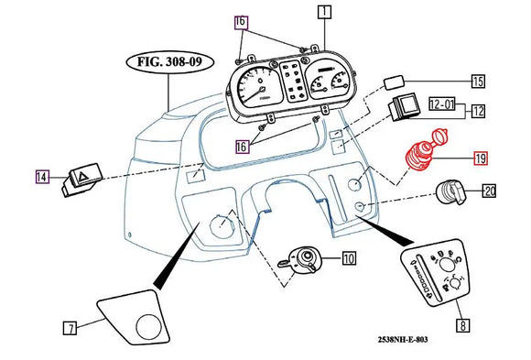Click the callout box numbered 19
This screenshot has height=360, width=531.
pos(481,158)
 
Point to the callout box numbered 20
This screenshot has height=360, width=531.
pos(489,191)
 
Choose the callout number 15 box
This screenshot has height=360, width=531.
pos(477,82)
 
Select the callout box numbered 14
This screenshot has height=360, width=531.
pos(42,176)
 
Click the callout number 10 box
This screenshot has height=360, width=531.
pos(349,259)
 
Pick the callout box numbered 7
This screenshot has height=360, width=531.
pos(70,327)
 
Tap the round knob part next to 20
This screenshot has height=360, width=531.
pos(448,193)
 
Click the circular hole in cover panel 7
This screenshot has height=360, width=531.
pos(146,324)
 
